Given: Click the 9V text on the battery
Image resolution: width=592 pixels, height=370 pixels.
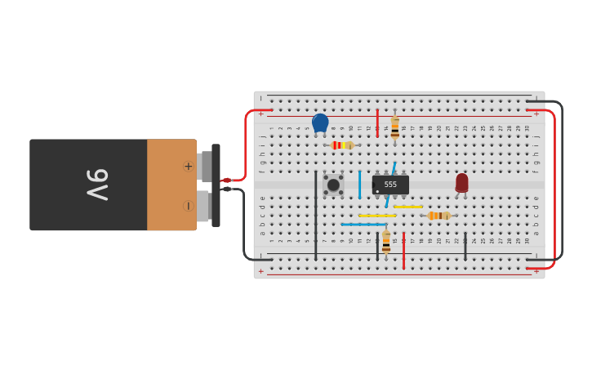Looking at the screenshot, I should pyautogui.click(x=97, y=185).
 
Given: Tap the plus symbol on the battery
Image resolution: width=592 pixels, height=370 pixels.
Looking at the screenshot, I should pyautogui.click(x=188, y=166).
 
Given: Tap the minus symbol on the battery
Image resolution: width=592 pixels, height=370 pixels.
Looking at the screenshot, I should pyautogui.click(x=188, y=206).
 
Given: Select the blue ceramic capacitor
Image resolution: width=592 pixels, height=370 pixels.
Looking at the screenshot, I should pyautogui.click(x=320, y=123).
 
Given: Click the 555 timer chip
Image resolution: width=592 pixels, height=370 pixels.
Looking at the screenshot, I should pyautogui.click(x=390, y=185).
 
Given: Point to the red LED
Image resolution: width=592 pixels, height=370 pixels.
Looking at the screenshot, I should pyautogui.click(x=462, y=182).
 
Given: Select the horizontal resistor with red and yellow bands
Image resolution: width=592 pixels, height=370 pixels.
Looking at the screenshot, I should pyautogui.click(x=341, y=145).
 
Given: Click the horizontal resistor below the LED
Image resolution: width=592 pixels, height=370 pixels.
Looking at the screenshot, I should pyautogui.click(x=438, y=216).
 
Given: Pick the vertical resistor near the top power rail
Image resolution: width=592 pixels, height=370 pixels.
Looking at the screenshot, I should pyautogui.click(x=395, y=127).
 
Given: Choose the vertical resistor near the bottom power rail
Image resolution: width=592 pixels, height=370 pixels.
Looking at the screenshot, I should pyautogui.click(x=386, y=242).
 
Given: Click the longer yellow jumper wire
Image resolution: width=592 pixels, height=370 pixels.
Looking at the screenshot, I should pyautogui.click(x=377, y=216).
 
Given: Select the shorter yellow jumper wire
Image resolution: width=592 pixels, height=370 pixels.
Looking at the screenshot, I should pyautogui.click(x=408, y=207).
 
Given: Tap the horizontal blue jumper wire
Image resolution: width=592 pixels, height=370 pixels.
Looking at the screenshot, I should pyautogui.click(x=363, y=224).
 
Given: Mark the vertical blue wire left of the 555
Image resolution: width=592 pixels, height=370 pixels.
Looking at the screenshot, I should pyautogui.click(x=359, y=184).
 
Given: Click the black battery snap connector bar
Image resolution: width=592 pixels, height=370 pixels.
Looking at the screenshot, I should pyautogui.click(x=216, y=185).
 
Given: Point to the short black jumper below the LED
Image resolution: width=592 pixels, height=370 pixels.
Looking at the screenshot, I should pyautogui.click(x=465, y=246).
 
